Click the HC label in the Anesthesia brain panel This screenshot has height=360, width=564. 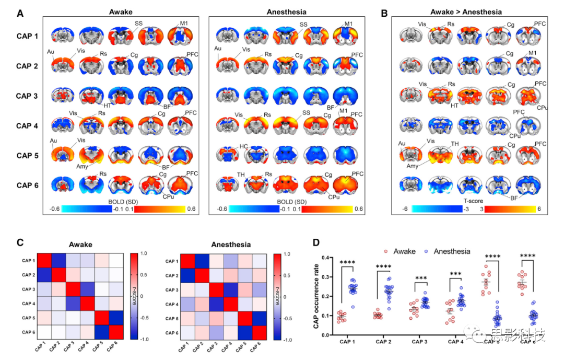tap(243, 147)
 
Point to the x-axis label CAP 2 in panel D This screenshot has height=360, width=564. tap(385, 342)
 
